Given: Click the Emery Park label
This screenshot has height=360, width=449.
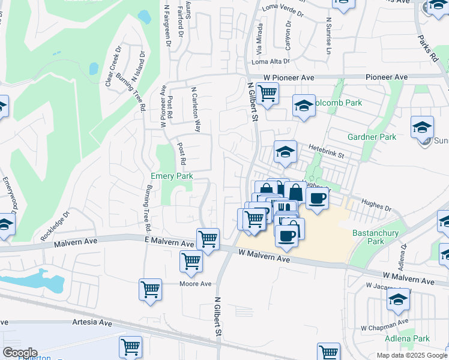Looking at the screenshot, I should pos(172,176).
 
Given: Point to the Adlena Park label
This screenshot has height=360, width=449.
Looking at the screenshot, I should pos(412,338).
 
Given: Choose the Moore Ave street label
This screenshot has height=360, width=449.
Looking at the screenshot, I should pos(196,284).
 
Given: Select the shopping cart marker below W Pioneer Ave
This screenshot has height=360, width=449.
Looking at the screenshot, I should pos(267,93).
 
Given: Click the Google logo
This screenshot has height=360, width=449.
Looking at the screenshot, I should pos(20,353).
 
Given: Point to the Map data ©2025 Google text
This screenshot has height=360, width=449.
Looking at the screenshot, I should pos(412,355).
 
